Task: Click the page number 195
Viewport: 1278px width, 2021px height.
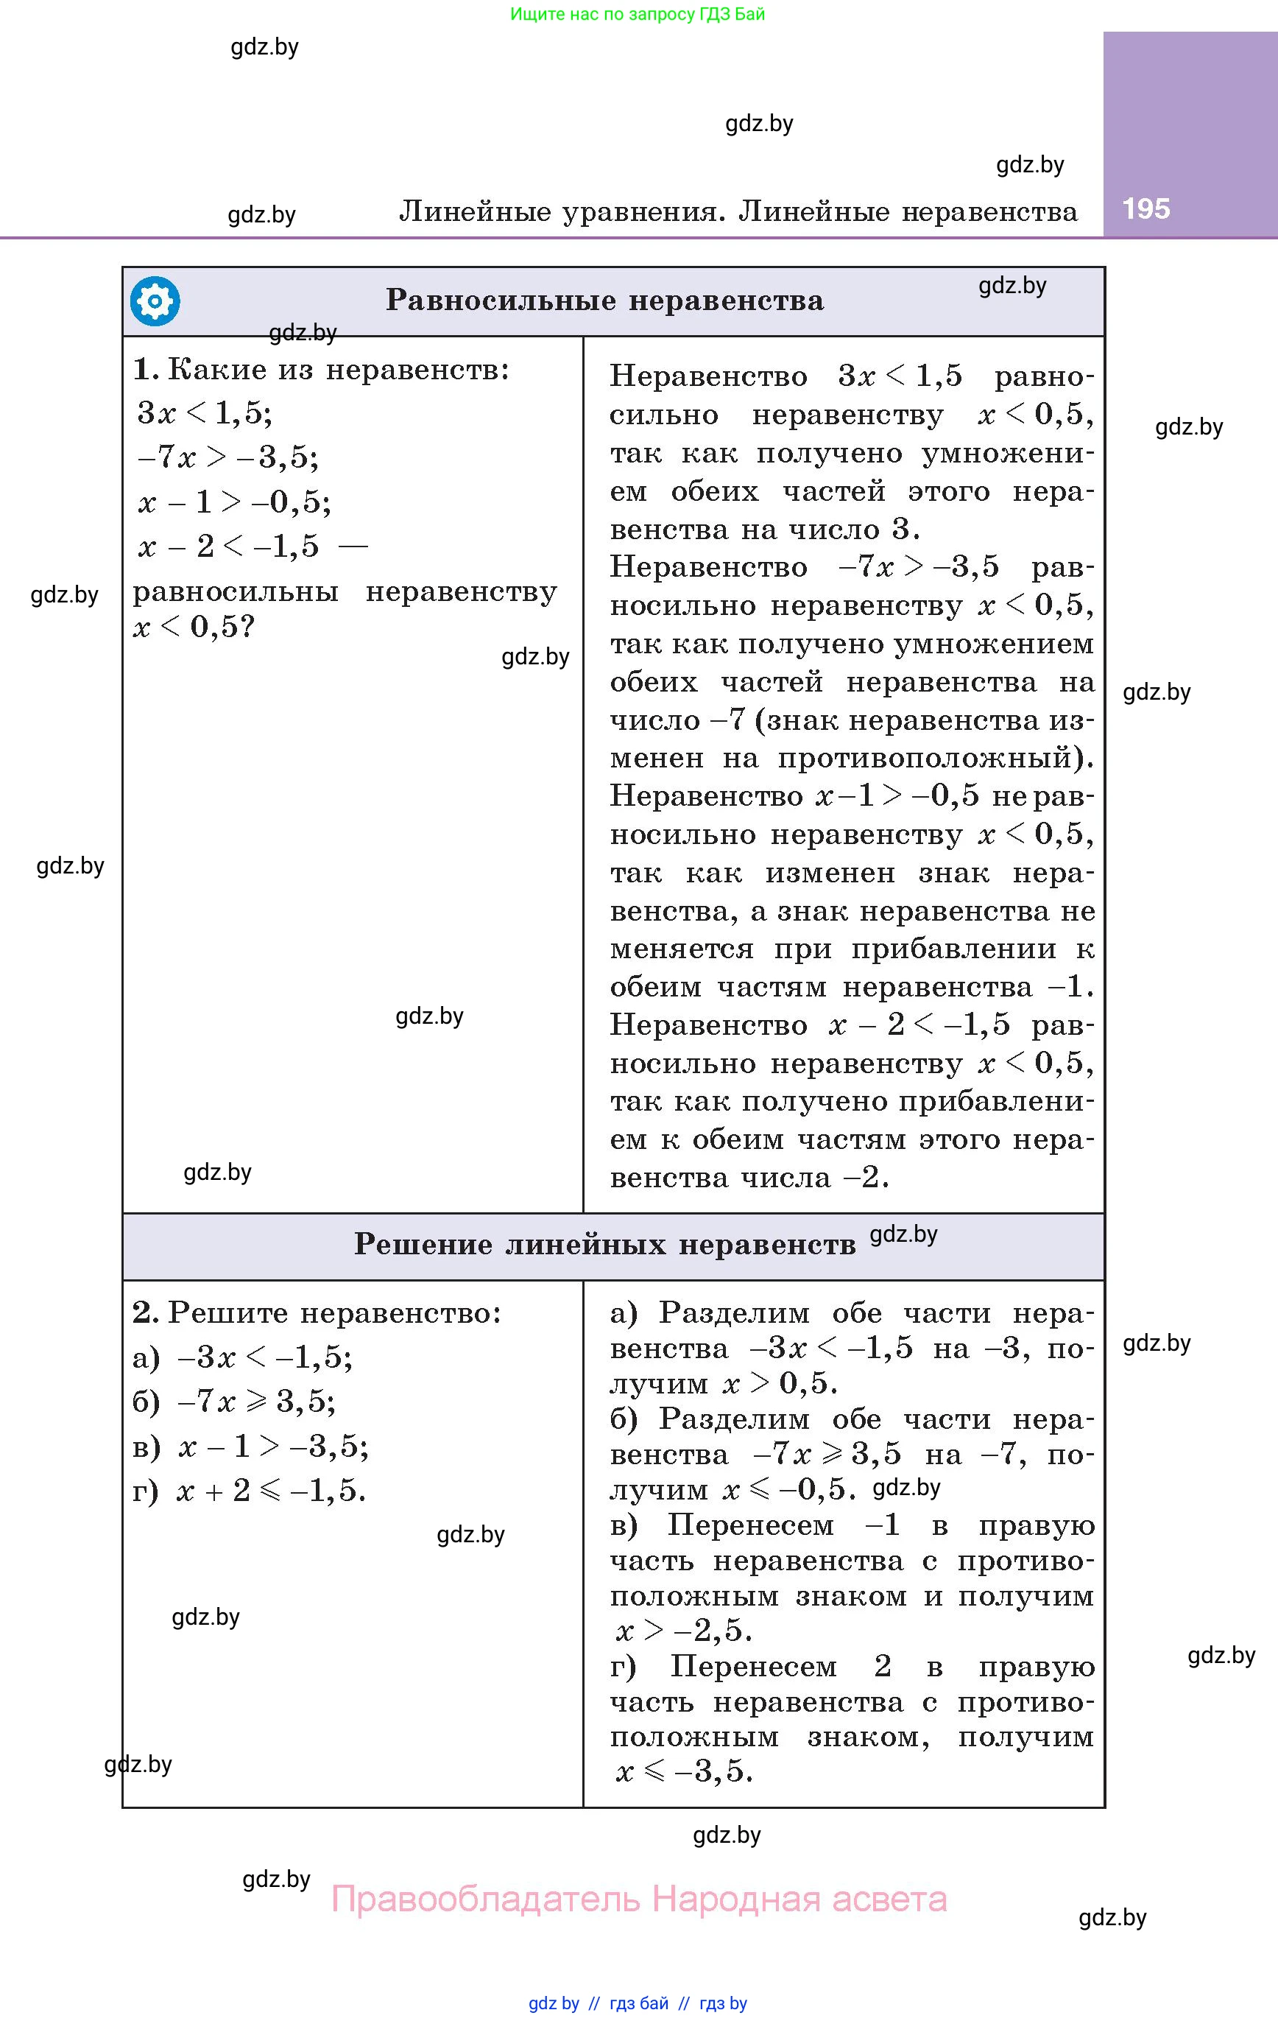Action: [1145, 208]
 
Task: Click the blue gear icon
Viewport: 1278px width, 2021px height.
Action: [155, 300]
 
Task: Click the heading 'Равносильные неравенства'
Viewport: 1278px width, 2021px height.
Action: [604, 300]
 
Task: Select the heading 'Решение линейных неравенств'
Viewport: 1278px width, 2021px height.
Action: [604, 1244]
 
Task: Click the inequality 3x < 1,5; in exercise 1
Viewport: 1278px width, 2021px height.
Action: [205, 413]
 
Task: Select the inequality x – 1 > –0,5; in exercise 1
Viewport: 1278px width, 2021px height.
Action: [234, 502]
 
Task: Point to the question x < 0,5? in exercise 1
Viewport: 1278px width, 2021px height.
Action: [193, 627]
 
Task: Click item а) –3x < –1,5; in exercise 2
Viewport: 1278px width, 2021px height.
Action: [242, 1357]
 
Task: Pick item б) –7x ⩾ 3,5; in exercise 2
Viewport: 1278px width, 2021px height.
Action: [234, 1402]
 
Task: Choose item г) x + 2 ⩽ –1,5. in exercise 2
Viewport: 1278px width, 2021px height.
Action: [250, 1491]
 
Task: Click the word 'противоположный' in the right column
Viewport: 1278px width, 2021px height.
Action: [936, 758]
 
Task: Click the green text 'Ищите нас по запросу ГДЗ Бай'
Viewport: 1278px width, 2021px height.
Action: [638, 14]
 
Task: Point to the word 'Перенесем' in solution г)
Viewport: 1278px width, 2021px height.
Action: [752, 1666]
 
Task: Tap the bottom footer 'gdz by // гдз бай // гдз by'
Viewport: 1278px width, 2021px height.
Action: [638, 2003]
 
